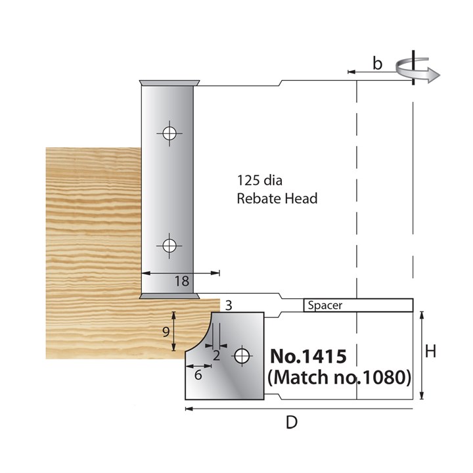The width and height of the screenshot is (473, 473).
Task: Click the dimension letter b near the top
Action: (376, 64)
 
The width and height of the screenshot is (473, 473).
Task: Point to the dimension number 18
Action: (182, 282)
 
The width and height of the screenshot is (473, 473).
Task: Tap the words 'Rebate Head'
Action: (277, 198)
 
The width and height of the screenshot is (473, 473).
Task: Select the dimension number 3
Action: (228, 305)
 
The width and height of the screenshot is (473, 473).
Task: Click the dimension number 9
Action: (166, 332)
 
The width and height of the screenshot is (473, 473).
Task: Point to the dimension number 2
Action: (216, 355)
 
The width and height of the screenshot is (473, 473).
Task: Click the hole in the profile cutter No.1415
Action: (242, 355)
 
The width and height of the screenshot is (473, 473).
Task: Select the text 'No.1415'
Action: (313, 357)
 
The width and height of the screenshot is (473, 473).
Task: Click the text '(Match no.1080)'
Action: (340, 378)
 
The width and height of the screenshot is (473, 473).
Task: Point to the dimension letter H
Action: (431, 353)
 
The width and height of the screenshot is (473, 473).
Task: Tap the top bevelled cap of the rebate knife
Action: (169, 83)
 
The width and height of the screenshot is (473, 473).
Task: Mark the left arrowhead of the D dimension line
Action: (189, 409)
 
